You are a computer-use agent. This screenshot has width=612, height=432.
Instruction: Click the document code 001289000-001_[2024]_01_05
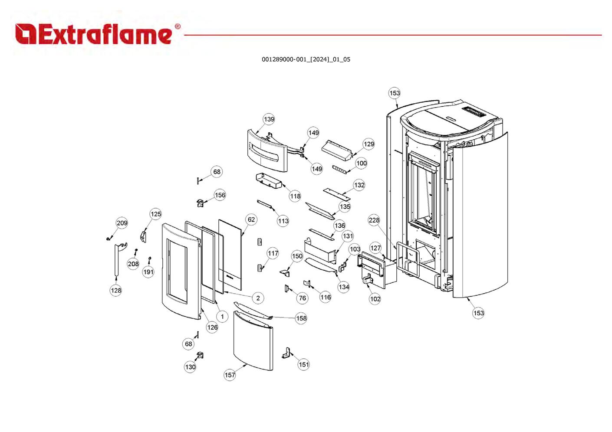pyautogui.click(x=306, y=59)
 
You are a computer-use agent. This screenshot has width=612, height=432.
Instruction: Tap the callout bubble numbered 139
pyautogui.click(x=269, y=119)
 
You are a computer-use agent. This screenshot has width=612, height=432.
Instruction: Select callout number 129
pyautogui.click(x=369, y=144)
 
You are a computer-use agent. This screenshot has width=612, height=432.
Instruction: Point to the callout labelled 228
pyautogui.click(x=374, y=220)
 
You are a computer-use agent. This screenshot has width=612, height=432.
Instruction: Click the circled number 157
pyautogui.click(x=230, y=375)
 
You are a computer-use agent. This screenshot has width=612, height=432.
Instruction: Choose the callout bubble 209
pyautogui.click(x=122, y=223)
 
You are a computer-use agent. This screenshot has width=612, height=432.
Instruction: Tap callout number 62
pyautogui.click(x=251, y=219)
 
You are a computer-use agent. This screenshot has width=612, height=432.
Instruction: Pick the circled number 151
pyautogui.click(x=304, y=364)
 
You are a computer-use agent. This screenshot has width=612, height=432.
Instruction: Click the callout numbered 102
pyautogui.click(x=375, y=298)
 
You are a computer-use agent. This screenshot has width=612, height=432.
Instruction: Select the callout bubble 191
pyautogui.click(x=148, y=272)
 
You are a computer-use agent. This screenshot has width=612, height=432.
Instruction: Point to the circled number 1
pyautogui.click(x=222, y=317)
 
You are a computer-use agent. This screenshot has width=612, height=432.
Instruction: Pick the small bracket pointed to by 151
pyautogui.click(x=286, y=353)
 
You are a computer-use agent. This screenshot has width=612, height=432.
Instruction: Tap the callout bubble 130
pyautogui.click(x=190, y=367)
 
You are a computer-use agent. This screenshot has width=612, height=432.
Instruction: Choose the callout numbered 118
pyautogui.click(x=295, y=196)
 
